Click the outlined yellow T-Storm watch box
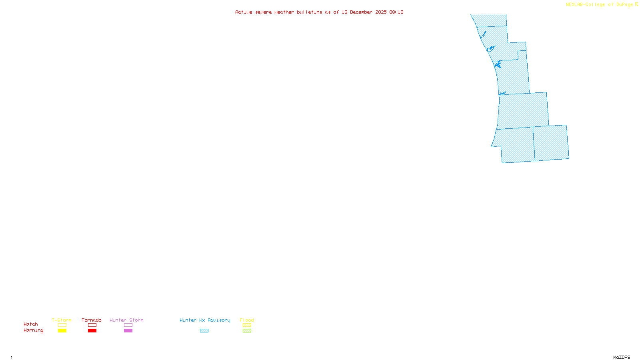[62, 325]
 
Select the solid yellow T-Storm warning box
[62, 331]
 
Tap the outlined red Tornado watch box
[92, 325]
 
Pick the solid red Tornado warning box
[92, 331]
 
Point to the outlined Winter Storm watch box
[128, 325]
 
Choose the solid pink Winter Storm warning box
[128, 331]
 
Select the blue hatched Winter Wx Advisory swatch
[204, 331]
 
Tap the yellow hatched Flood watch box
[247, 325]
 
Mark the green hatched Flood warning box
[247, 331]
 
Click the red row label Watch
[31, 324]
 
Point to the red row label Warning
[33, 330]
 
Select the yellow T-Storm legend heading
[62, 320]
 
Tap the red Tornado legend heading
[92, 320]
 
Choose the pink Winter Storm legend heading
[126, 320]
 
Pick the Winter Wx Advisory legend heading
[205, 320]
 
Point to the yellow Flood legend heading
[247, 320]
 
